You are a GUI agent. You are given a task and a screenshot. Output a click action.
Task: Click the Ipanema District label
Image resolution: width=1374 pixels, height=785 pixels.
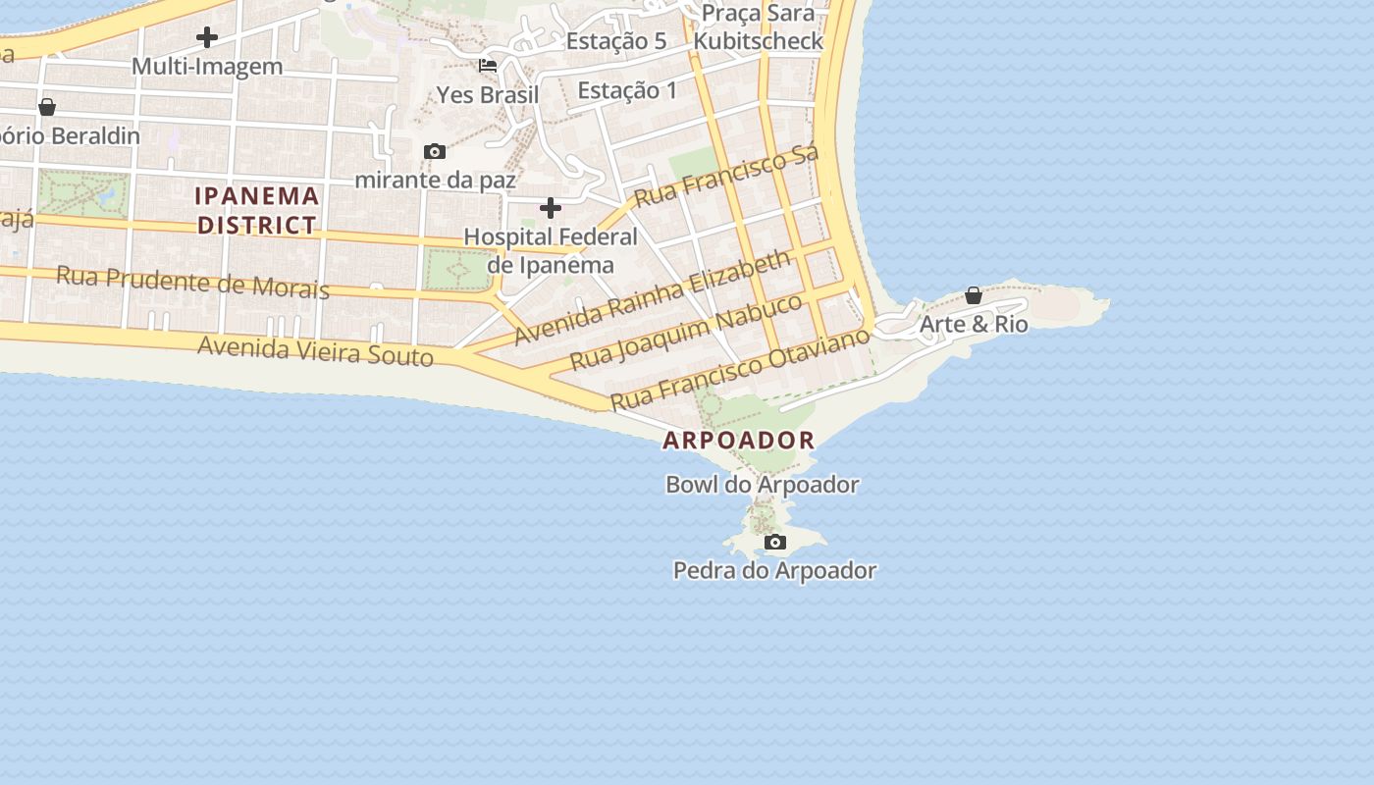pos(257,210)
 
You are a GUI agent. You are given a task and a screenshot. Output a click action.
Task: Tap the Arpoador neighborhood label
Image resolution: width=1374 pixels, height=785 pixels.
pos(739,441)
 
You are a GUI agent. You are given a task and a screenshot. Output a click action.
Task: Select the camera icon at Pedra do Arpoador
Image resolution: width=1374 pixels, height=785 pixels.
pos(775,542)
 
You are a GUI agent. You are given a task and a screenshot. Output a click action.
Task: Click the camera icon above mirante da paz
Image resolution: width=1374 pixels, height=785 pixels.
pos(435,151)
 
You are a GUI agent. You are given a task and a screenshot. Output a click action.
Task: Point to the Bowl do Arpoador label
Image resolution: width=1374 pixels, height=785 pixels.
pos(763,485)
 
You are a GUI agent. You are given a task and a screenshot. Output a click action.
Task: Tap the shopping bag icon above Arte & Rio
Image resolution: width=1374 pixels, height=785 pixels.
pos(974,295)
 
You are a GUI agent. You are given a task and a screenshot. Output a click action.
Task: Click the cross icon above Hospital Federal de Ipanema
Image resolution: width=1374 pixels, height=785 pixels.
pos(551,208)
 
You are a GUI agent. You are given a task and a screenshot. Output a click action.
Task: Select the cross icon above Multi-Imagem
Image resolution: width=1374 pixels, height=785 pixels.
pos(207,37)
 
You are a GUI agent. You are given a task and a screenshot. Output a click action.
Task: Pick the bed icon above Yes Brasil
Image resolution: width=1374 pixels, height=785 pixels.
pos(488,66)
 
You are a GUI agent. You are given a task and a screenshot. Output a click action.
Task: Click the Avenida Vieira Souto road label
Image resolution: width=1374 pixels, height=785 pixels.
pos(315,349)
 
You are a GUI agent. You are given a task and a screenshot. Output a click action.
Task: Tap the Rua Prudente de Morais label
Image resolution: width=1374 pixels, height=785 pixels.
pos(192,282)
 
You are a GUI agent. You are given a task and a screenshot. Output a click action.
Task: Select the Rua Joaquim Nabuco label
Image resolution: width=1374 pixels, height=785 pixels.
pos(686,331)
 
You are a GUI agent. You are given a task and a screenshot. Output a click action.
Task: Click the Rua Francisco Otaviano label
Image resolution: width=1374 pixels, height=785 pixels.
pos(740,369)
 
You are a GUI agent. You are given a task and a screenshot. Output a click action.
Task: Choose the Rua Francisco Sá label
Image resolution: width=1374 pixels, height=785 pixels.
pos(726,177)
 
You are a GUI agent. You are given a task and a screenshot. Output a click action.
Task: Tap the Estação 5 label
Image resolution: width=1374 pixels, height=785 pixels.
pos(616,41)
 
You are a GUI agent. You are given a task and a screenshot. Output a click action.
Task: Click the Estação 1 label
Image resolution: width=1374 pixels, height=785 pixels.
pos(627,91)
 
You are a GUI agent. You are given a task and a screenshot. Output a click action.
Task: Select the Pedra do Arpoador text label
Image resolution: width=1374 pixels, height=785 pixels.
pos(774,570)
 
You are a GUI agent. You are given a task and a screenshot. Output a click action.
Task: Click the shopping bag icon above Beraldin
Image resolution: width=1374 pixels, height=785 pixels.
pos(46,107)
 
